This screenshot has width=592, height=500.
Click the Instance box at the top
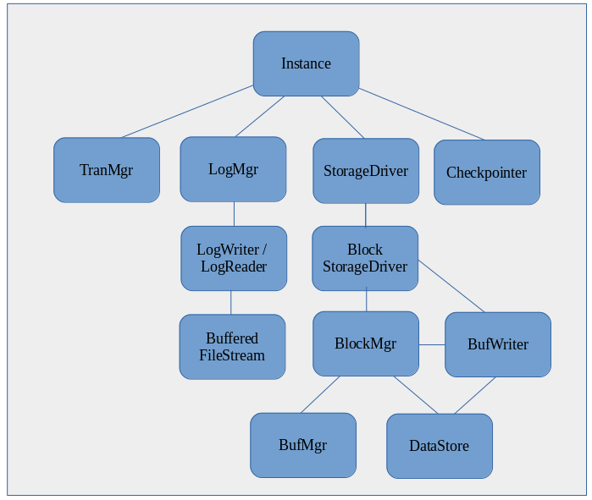click(x=306, y=63)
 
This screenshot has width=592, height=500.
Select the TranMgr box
click(x=107, y=170)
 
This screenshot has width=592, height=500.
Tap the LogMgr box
click(x=233, y=169)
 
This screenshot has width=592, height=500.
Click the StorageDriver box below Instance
click(x=366, y=171)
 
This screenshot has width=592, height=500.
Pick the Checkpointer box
click(x=487, y=173)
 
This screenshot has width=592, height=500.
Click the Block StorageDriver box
click(x=365, y=258)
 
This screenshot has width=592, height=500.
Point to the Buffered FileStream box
click(x=232, y=347)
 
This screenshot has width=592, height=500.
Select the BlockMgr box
click(x=366, y=343)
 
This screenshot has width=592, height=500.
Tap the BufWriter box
click(x=498, y=344)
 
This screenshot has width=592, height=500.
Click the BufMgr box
click(x=303, y=445)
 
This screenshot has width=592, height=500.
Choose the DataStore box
click(x=439, y=446)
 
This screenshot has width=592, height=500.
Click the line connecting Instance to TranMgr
click(x=188, y=111)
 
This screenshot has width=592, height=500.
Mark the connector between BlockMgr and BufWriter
click(x=432, y=344)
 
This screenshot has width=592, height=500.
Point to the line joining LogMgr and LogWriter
click(x=234, y=214)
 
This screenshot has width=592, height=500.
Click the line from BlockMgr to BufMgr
click(x=319, y=395)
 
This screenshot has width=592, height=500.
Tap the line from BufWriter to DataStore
click(x=474, y=395)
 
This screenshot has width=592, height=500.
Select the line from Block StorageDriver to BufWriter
click(x=451, y=286)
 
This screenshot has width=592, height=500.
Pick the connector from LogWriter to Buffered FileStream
click(x=232, y=303)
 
